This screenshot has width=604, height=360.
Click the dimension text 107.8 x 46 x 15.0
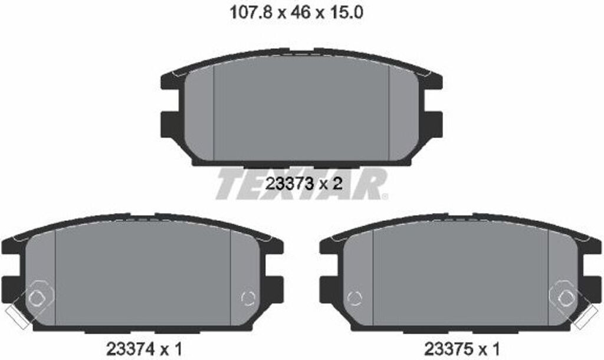pos(296,13)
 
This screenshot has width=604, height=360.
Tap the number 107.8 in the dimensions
pos(251,13)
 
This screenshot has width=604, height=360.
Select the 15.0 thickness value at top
pos(345,13)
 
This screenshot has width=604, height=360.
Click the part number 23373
pos(290,184)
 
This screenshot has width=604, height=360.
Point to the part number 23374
pos(130,349)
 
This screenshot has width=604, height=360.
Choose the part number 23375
pos(448,349)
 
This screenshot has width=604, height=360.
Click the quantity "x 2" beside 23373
pos(330,184)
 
